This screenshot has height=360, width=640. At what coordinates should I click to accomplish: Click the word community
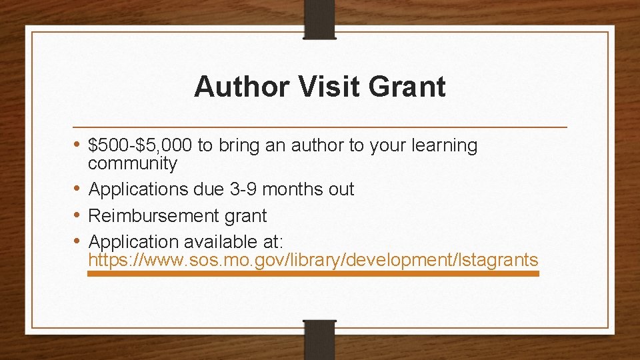(x=133, y=164)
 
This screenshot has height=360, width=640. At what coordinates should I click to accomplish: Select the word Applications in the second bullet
(x=139, y=190)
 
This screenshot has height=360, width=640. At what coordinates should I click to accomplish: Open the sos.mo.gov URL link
(x=313, y=261)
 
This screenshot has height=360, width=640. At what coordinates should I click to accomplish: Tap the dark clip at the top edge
(x=319, y=19)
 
